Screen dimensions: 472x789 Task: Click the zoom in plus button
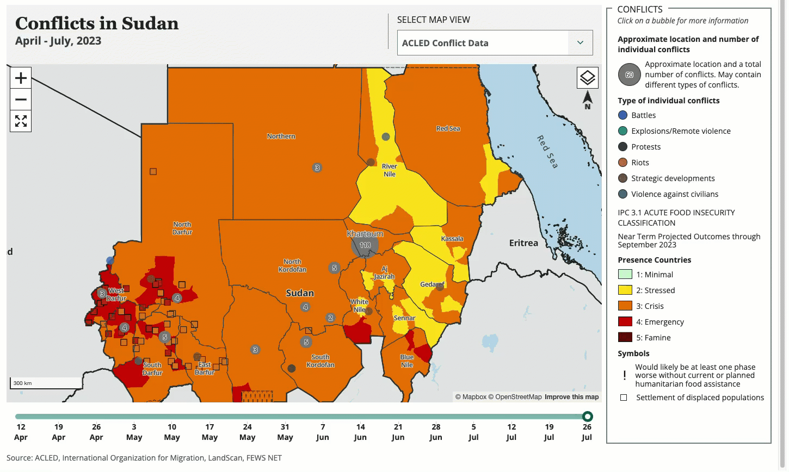pyautogui.click(x=21, y=78)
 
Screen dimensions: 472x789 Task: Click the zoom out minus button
pyautogui.click(x=21, y=100)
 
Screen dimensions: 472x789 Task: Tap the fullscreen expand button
pyautogui.click(x=21, y=121)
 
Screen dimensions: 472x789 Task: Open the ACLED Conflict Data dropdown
pyautogui.click(x=495, y=43)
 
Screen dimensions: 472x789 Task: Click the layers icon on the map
pyautogui.click(x=587, y=78)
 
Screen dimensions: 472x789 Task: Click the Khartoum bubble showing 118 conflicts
pyautogui.click(x=365, y=245)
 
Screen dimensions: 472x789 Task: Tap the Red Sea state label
pyautogui.click(x=448, y=129)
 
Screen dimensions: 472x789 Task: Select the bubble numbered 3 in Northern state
pyautogui.click(x=317, y=167)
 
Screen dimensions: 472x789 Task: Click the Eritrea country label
pyautogui.click(x=523, y=243)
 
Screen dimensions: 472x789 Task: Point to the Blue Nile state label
pyautogui.click(x=407, y=361)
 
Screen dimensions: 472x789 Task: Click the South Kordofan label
pyautogui.click(x=320, y=361)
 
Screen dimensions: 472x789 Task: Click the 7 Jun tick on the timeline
pyautogui.click(x=323, y=432)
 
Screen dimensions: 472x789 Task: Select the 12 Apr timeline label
pyautogui.click(x=21, y=432)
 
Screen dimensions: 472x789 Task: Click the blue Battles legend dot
pyautogui.click(x=623, y=115)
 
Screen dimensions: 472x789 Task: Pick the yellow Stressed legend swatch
pyautogui.click(x=625, y=290)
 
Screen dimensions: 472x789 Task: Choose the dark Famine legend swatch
pyautogui.click(x=625, y=338)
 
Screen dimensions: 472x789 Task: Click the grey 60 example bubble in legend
pyautogui.click(x=629, y=75)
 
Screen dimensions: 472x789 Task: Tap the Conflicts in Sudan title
pyautogui.click(x=97, y=23)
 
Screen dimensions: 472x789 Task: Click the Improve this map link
pyautogui.click(x=571, y=397)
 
